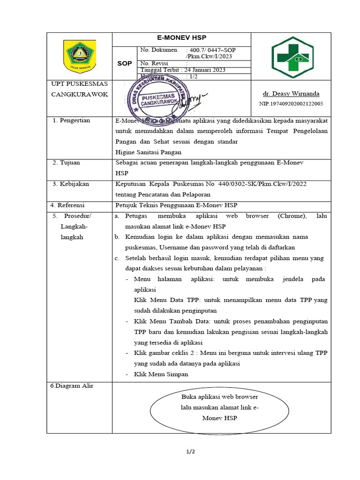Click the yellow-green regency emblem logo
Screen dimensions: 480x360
coord(78,56)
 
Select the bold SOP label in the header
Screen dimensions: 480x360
coord(123,63)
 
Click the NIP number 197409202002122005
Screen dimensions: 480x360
coord(291,104)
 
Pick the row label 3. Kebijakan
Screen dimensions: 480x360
coord(71,184)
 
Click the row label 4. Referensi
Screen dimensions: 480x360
coord(70,205)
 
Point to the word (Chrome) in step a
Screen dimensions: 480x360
coord(292,216)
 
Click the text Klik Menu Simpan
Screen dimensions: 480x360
coord(161,374)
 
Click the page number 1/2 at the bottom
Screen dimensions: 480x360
coord(190,452)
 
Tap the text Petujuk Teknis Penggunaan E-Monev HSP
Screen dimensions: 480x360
coord(176,205)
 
